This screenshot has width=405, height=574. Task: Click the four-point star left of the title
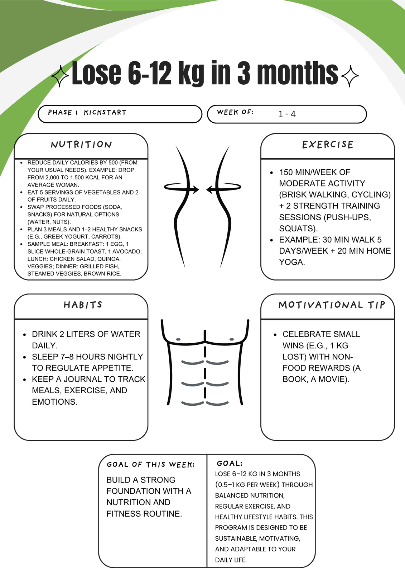(x=60, y=76)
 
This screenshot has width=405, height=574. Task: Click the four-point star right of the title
(x=350, y=76)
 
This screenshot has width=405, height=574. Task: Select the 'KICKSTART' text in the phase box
(x=105, y=113)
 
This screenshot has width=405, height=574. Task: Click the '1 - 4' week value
(x=287, y=114)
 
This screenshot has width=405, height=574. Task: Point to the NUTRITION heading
(x=81, y=145)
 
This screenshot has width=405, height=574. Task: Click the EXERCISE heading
(x=328, y=145)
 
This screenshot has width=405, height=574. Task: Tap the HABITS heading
(x=83, y=305)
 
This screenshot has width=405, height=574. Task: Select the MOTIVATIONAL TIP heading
(x=332, y=305)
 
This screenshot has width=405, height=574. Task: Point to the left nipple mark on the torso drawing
(x=178, y=339)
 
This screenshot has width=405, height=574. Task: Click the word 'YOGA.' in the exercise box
(x=292, y=262)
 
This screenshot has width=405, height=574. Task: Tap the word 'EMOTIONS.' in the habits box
(x=55, y=402)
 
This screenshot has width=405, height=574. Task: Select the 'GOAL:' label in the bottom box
(x=230, y=464)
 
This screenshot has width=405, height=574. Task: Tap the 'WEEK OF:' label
(x=235, y=112)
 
